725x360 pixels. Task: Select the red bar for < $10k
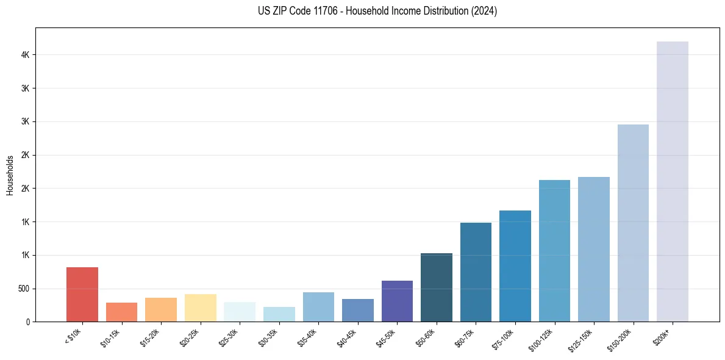click(x=82, y=294)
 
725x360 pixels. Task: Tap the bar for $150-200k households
click(x=633, y=223)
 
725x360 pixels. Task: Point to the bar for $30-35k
click(x=279, y=314)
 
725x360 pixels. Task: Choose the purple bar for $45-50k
click(x=397, y=301)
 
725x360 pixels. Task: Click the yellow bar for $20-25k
click(x=201, y=308)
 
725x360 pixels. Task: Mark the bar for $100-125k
click(x=554, y=250)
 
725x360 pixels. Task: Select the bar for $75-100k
click(x=515, y=265)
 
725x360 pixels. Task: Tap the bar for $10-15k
click(x=122, y=312)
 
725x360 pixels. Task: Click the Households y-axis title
click(x=10, y=175)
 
